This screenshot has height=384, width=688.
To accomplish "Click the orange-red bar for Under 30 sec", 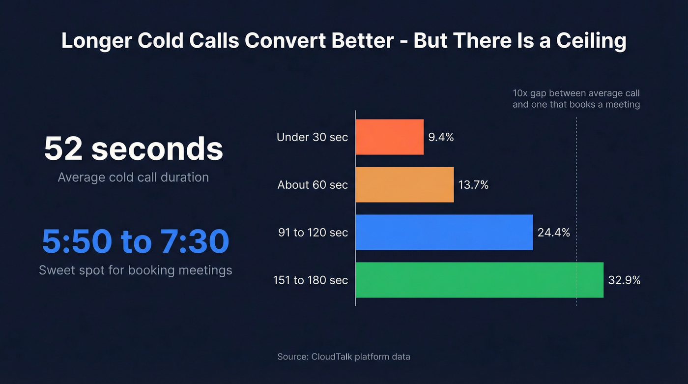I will click(389, 137).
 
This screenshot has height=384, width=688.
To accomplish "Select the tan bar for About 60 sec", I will click(404, 184).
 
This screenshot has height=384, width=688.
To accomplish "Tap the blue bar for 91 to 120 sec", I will click(444, 232).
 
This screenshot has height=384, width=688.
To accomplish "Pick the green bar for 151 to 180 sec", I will click(479, 280).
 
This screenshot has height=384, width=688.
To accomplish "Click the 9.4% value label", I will click(441, 137).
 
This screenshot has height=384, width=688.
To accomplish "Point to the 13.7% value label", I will click(473, 185).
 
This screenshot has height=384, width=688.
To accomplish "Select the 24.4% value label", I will click(554, 233).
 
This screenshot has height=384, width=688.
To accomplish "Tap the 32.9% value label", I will click(624, 280).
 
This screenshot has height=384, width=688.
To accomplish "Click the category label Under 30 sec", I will click(312, 137).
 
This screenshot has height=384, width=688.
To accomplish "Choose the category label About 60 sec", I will click(313, 185).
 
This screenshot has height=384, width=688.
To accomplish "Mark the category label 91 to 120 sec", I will click(313, 233).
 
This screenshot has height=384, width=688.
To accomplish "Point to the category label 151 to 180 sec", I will click(311, 280).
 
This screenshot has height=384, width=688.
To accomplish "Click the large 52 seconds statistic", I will click(133, 148).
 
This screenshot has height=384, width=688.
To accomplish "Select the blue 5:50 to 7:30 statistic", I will click(135, 241).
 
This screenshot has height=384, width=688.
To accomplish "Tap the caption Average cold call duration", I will click(133, 177).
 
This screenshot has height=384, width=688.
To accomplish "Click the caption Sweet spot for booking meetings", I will click(135, 270).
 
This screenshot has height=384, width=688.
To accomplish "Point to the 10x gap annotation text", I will click(576, 98).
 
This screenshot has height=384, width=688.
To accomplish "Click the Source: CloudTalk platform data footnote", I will click(344, 356).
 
